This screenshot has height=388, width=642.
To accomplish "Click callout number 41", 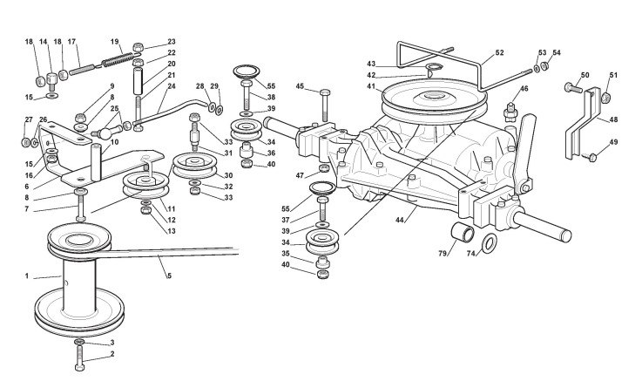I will pos(370,86).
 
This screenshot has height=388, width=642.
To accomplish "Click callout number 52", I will pos(498,52).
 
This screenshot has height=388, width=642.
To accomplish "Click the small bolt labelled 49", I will pos(591,157).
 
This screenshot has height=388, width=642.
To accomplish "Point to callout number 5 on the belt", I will pos(168,276).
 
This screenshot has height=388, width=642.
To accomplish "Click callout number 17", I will pos(71,42).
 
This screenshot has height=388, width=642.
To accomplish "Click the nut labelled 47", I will pos(323,168).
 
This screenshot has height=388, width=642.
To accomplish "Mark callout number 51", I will pos(613,76).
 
